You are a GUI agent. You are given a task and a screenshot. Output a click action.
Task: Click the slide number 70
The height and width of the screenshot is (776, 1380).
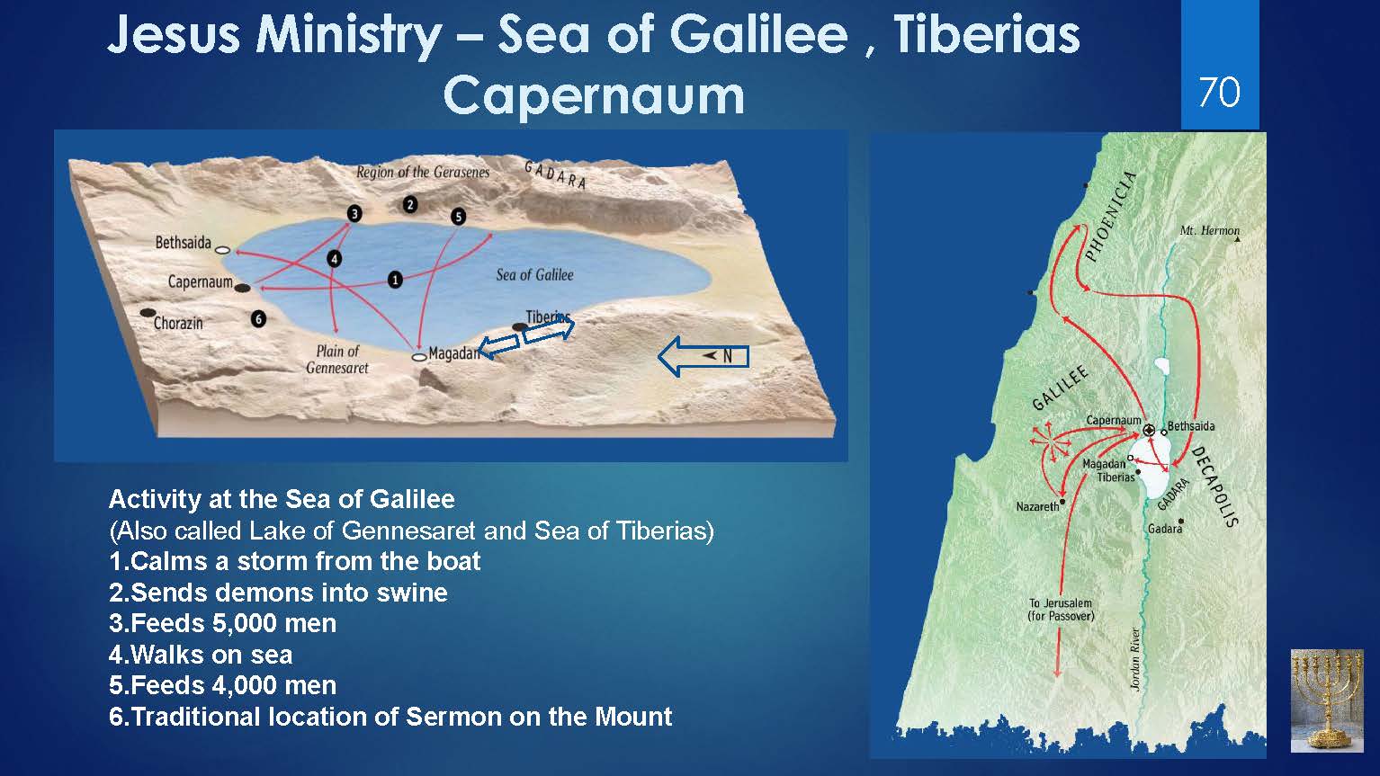(x=1219, y=93)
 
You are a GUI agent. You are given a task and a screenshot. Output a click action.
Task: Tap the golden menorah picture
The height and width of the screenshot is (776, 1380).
(x=1327, y=700)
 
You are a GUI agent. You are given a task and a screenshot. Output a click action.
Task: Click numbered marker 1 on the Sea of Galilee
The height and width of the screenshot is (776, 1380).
(x=395, y=281)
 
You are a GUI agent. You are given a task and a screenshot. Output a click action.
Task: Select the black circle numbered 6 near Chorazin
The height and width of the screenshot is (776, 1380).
(x=259, y=318)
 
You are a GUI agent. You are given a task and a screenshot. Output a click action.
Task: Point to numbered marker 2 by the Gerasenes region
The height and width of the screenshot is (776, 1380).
(x=410, y=204)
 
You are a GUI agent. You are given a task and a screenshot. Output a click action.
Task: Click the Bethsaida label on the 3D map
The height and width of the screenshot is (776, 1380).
(x=183, y=243)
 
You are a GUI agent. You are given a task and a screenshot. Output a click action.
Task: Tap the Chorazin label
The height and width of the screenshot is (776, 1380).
(x=178, y=323)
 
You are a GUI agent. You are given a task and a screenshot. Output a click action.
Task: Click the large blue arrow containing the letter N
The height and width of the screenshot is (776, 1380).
(x=703, y=356)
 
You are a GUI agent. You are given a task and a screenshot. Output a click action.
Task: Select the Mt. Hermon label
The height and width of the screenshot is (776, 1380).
(x=1209, y=230)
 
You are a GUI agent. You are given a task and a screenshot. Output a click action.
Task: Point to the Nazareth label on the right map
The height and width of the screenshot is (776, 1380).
(x=1037, y=506)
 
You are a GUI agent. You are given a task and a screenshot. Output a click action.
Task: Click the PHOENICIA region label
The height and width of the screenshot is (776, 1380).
(x=1110, y=216)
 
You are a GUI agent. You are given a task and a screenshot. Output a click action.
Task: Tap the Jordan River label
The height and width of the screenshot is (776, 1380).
(x=1135, y=659)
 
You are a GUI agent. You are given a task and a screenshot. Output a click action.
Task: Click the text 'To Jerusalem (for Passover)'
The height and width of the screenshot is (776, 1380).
(x=1061, y=610)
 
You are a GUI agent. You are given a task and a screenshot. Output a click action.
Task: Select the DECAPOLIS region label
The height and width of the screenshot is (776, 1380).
(x=1214, y=486)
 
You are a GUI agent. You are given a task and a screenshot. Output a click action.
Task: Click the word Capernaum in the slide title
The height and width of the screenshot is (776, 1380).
(x=594, y=95)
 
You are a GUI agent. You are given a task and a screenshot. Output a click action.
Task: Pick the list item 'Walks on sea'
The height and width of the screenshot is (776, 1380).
(x=201, y=655)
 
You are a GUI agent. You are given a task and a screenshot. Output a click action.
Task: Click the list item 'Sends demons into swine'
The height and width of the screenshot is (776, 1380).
(x=279, y=593)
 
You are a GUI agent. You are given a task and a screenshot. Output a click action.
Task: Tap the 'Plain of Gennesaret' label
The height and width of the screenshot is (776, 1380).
(x=337, y=360)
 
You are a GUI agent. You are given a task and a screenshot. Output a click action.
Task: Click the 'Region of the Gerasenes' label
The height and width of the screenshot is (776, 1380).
(x=423, y=172)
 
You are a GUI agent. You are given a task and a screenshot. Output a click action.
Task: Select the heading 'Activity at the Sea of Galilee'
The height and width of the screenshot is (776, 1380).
(x=282, y=499)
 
